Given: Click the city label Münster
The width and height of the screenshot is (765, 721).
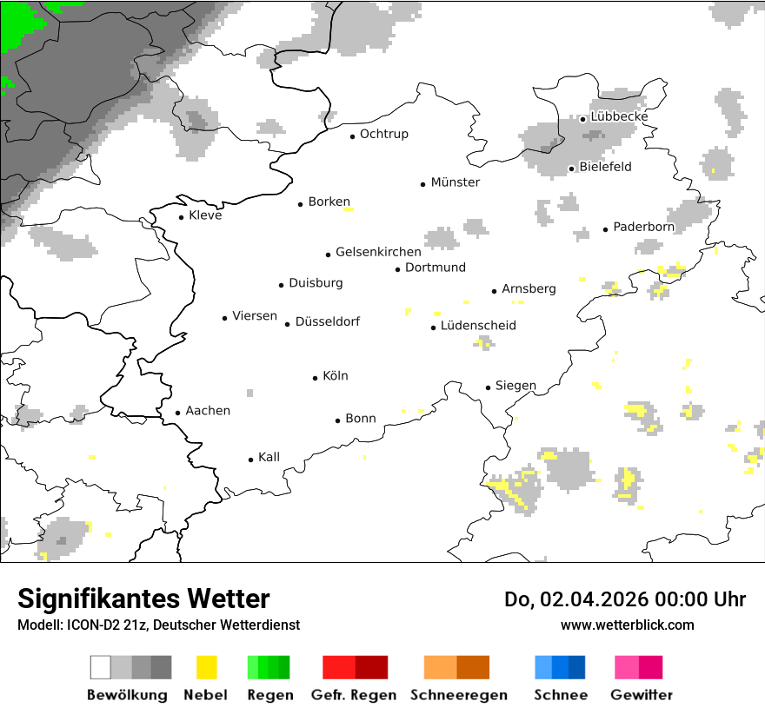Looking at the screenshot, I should click(456, 182).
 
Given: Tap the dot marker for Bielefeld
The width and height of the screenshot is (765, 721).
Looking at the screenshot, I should click(572, 169).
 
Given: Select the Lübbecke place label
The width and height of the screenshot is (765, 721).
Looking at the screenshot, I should click(619, 116).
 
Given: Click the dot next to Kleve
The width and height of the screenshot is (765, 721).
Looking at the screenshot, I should click(182, 217).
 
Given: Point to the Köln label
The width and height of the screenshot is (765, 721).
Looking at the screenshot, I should click(336, 376).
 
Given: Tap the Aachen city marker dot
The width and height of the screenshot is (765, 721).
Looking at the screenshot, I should click(178, 413).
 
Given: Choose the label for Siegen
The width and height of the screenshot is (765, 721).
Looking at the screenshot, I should click(516, 386).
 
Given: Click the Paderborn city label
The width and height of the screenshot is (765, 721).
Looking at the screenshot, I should click(643, 227).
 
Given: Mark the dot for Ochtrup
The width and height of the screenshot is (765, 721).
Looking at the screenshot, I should click(353, 136).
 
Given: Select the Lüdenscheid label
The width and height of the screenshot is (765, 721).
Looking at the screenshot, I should click(478, 326).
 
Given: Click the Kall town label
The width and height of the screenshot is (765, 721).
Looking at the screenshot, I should click(269, 457).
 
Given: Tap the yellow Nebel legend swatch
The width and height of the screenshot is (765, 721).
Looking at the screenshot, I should click(207, 667).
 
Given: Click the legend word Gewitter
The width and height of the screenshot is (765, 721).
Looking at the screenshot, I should click(641, 695).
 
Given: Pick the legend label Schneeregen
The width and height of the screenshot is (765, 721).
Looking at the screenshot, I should click(459, 695).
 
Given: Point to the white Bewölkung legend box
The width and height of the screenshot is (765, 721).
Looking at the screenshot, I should click(101, 667).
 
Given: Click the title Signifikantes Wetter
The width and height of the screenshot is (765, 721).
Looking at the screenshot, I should click(143, 599).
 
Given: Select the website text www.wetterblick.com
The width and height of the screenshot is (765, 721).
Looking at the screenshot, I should click(627, 625).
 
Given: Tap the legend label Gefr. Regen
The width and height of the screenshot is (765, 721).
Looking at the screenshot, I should click(354, 695).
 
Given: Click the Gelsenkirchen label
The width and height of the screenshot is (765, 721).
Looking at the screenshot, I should click(378, 252).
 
